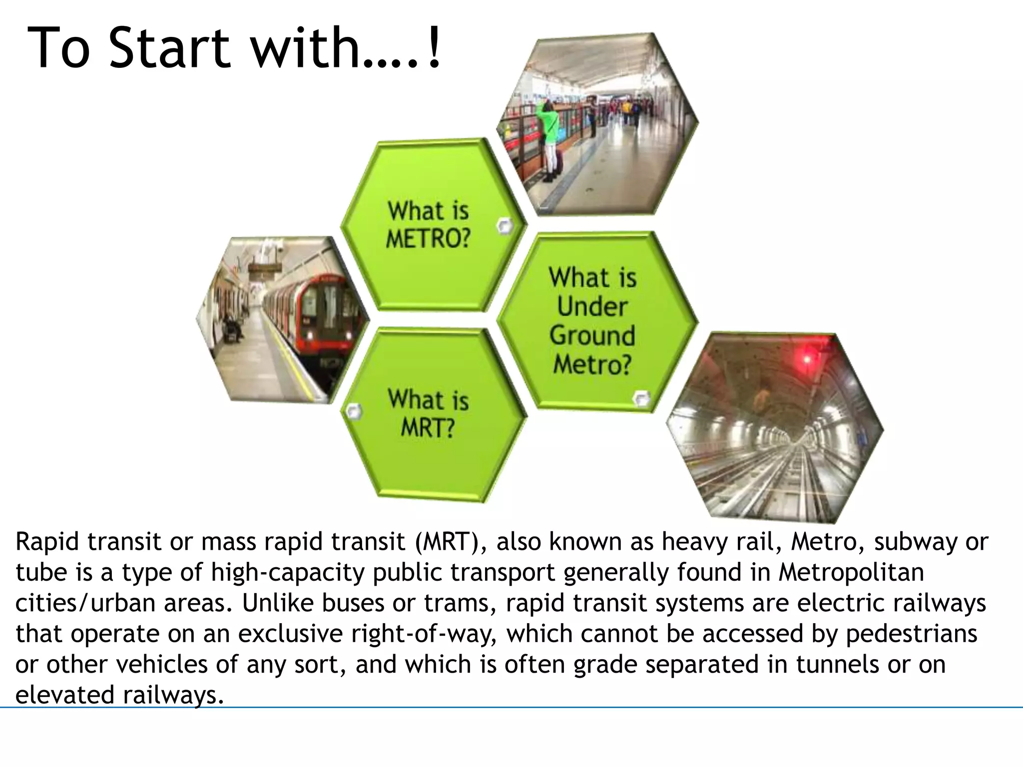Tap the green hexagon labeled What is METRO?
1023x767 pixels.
pos(430,225)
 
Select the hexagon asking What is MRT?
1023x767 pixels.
pos(430,414)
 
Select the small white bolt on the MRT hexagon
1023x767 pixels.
pos(354,411)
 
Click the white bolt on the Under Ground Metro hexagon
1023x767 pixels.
pos(641,399)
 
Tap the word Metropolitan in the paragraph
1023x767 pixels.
pos(851,573)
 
